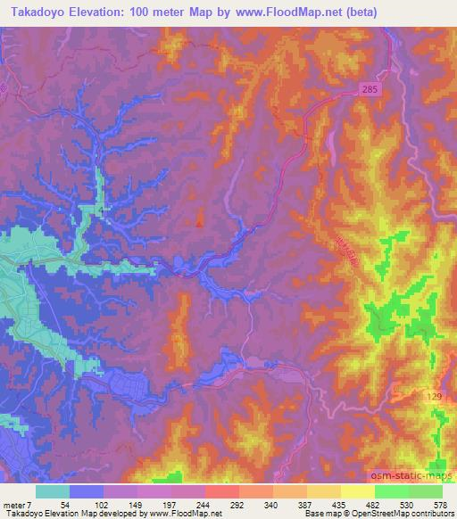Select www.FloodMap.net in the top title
tap(279, 12)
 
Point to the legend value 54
tap(65, 504)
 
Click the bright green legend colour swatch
tap(392, 491)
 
